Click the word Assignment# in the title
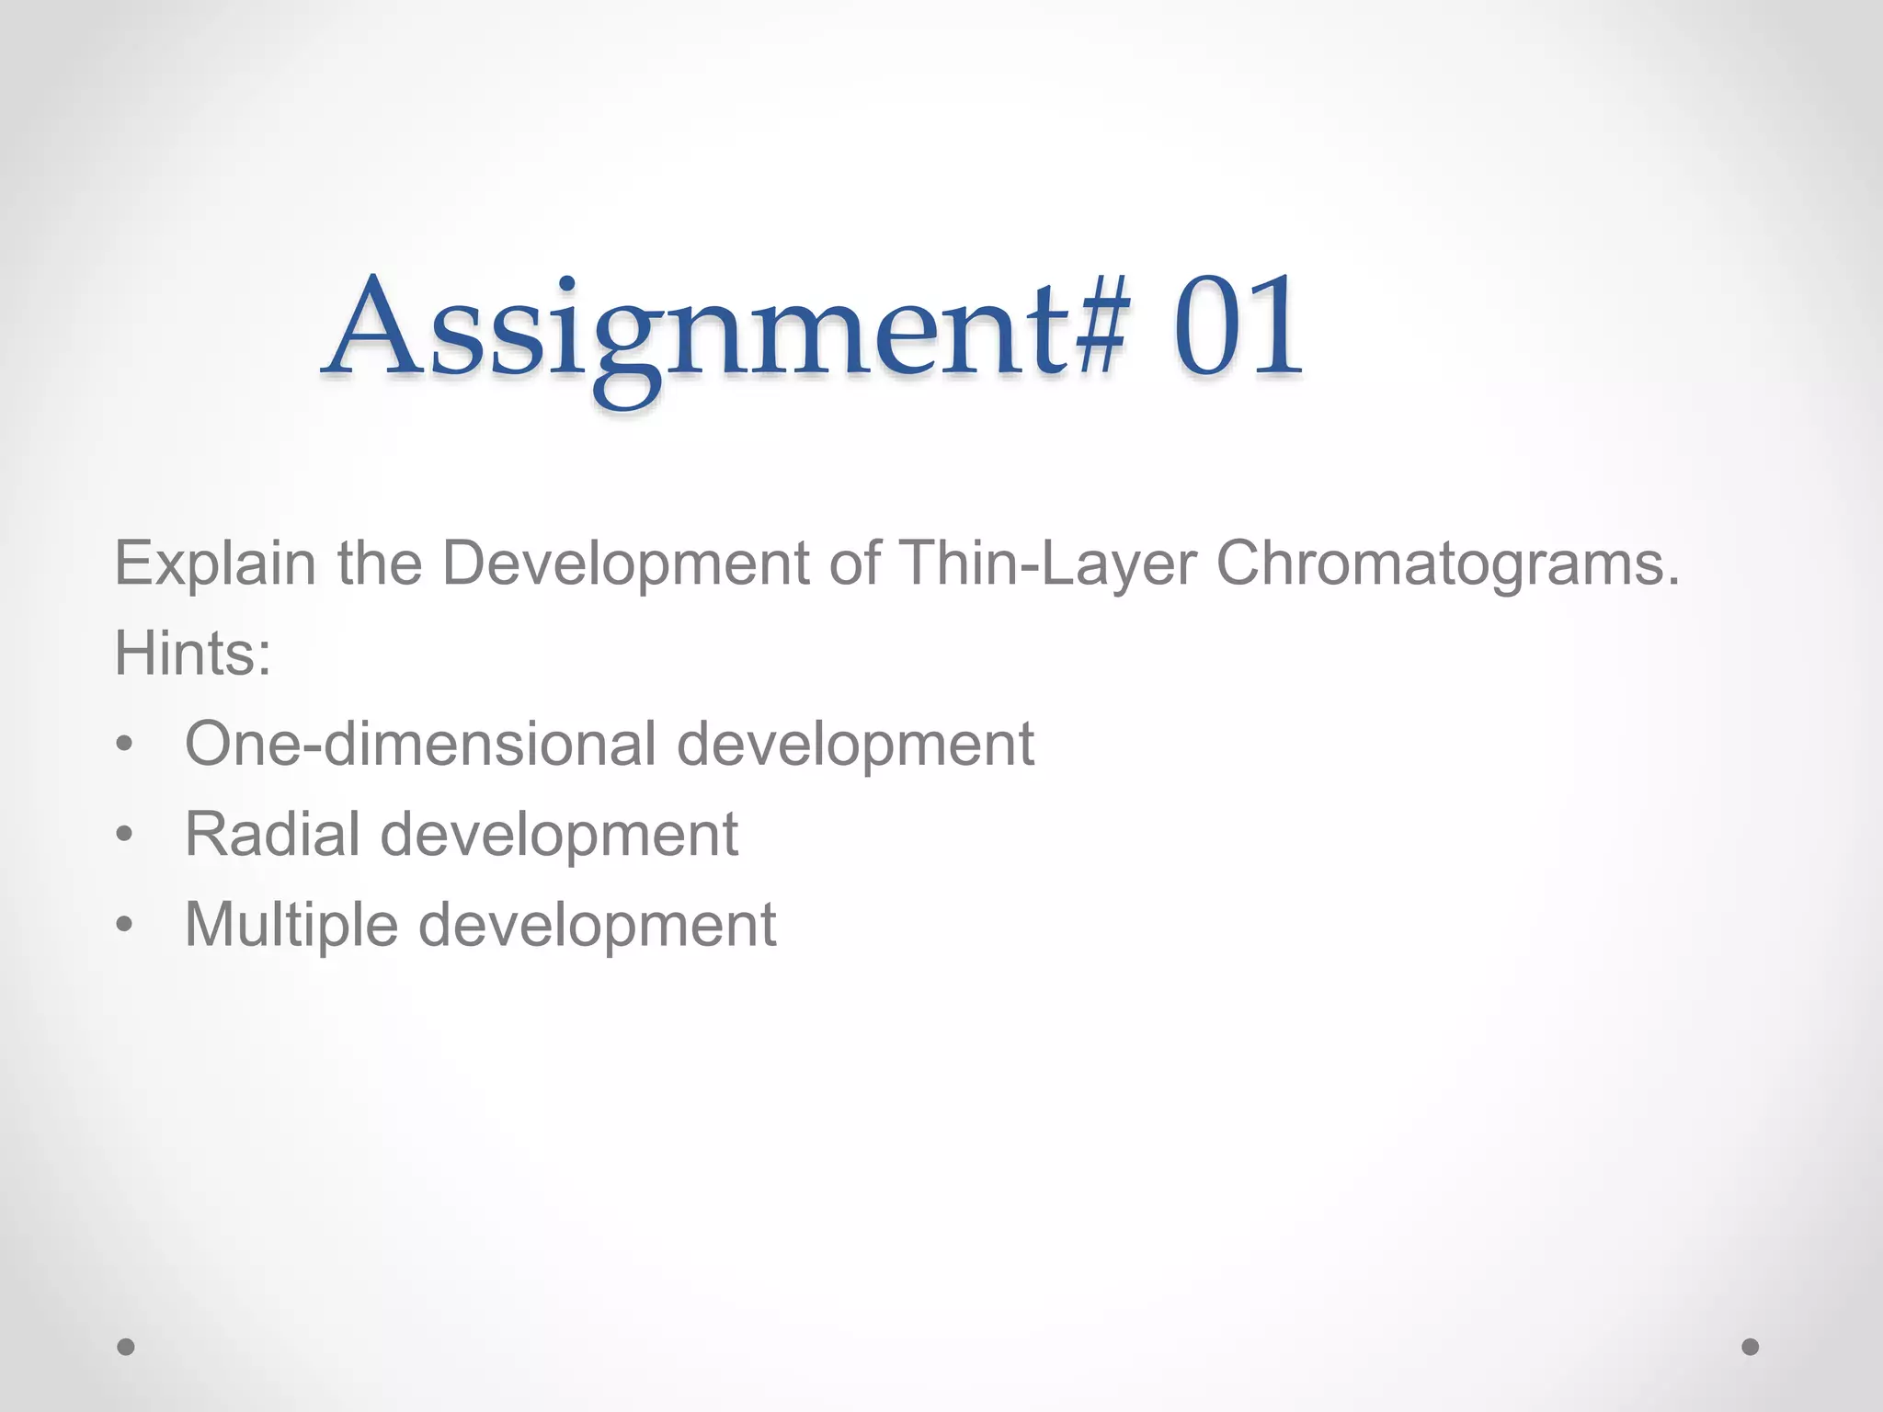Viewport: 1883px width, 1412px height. tap(726, 331)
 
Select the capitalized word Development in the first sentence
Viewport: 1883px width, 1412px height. tap(625, 564)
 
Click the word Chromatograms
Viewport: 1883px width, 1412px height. tap(1447, 564)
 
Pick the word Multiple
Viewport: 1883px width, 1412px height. tap(291, 924)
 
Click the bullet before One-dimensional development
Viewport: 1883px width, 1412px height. tap(125, 746)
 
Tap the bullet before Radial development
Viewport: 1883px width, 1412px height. tap(125, 836)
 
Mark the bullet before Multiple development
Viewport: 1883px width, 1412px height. tap(125, 926)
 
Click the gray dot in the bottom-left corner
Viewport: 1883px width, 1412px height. tap(126, 1347)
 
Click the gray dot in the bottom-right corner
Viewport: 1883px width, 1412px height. tap(1751, 1347)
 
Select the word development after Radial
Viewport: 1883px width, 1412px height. tap(559, 834)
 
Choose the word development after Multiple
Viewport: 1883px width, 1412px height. tap(598, 924)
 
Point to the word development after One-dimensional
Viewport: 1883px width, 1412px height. tap(855, 744)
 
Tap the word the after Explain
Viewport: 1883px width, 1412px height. tap(379, 564)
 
